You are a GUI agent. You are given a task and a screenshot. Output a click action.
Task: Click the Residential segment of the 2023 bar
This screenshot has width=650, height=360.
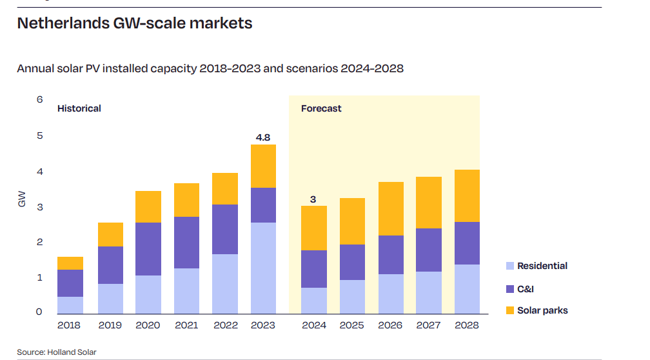pyautogui.click(x=263, y=268)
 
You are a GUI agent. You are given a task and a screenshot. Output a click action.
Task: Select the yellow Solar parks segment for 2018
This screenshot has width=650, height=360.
pyautogui.click(x=70, y=263)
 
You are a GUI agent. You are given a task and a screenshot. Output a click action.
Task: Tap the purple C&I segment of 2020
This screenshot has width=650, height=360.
pyautogui.click(x=148, y=249)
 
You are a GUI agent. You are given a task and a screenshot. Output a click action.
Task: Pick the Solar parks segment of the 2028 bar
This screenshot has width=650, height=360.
pyautogui.click(x=467, y=195)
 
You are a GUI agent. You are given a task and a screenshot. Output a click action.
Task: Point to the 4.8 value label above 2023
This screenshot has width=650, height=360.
pyautogui.click(x=263, y=137)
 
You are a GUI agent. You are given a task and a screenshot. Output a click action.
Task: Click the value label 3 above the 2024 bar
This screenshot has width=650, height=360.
pyautogui.click(x=313, y=199)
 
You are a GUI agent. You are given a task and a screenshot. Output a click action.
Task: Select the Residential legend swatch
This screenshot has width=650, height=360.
pyautogui.click(x=510, y=266)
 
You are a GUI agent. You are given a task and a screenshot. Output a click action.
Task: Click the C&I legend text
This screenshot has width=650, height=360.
pyautogui.click(x=526, y=288)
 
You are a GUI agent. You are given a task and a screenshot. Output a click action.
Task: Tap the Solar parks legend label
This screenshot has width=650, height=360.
pyautogui.click(x=542, y=310)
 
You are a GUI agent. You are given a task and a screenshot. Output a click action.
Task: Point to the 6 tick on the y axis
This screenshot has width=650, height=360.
pyautogui.click(x=39, y=99)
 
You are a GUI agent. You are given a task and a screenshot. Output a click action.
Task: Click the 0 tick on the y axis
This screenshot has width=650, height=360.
pyautogui.click(x=39, y=312)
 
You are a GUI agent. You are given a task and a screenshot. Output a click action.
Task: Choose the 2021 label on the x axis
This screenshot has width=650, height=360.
pyautogui.click(x=186, y=325)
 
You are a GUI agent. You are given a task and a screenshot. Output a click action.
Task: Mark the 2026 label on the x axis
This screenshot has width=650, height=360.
pyautogui.click(x=391, y=325)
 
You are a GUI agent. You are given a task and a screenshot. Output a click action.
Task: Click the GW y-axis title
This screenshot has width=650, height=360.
pyautogui.click(x=22, y=199)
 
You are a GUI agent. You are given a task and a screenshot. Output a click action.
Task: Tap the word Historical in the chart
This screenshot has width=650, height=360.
pyautogui.click(x=79, y=108)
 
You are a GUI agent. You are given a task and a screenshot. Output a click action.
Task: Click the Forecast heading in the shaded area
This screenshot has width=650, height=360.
pyautogui.click(x=321, y=108)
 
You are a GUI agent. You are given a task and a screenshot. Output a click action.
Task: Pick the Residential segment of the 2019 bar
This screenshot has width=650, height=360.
pyautogui.click(x=110, y=298)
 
